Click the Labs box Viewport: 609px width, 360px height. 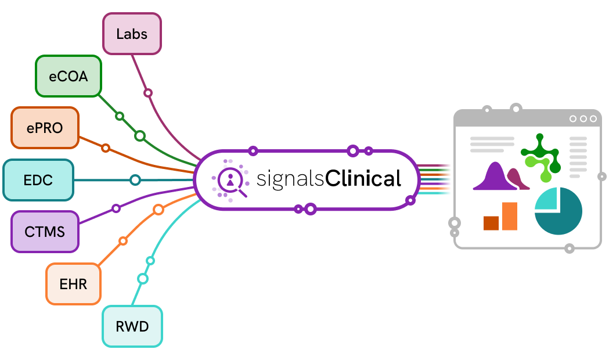tap(132, 34)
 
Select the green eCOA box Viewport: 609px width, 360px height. tap(69, 76)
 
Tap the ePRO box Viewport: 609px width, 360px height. tap(45, 128)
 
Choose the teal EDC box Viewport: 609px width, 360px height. tap(38, 180)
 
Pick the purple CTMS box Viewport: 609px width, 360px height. tap(45, 232)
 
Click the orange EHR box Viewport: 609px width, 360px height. tap(73, 284)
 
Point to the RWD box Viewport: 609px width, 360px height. tap(132, 326)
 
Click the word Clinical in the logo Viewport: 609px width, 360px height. tap(363, 179)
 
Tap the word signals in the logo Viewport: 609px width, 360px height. tap(290, 180)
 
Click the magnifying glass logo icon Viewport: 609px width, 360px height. tap(230, 181)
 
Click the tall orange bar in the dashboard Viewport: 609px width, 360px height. tap(510, 217)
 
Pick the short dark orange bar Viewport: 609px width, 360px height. tap(491, 224)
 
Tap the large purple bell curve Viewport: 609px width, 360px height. tap(496, 178)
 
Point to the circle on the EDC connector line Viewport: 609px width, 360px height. tap(135, 180)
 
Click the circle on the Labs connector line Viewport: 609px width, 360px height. tap(148, 93)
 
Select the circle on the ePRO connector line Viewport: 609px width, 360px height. tap(106, 148)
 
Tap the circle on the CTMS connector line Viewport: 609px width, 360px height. tap(116, 208)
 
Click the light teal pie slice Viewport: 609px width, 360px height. tap(546, 199)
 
